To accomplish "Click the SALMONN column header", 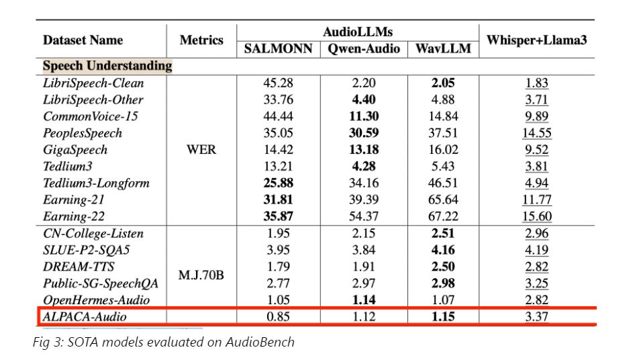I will pos(278,49).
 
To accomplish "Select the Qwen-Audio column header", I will pos(363,49).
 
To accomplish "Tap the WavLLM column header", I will pos(443,49).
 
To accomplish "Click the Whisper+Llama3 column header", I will pos(536,40).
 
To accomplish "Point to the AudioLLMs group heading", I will pos(358,32).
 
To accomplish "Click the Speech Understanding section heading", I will pos(107,66).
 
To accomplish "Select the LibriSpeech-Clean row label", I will pos(93,83).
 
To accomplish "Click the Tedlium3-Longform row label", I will pos(96,183).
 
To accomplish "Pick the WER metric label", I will pos(201,150).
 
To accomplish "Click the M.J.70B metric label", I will pos(201,275).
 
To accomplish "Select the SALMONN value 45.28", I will pos(278,83).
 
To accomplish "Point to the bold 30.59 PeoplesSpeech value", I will pos(363,133).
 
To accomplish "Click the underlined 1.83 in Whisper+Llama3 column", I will pos(536,83).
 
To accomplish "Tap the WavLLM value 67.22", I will pos(443,216).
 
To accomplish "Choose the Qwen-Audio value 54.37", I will pos(363,216).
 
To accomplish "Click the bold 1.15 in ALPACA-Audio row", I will pos(443,316).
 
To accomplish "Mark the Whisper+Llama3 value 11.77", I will pos(536,199).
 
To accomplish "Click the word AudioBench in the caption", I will pos(259,343).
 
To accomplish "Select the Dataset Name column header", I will pos(83,40).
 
